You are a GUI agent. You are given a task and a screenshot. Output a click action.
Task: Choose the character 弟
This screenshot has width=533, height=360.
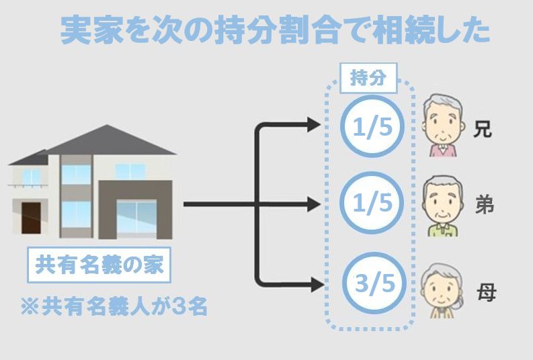(x=483, y=204)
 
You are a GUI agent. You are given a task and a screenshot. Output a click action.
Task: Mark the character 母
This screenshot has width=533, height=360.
(x=483, y=293)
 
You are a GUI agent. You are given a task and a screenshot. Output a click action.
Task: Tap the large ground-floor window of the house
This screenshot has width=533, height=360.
(x=136, y=216)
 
